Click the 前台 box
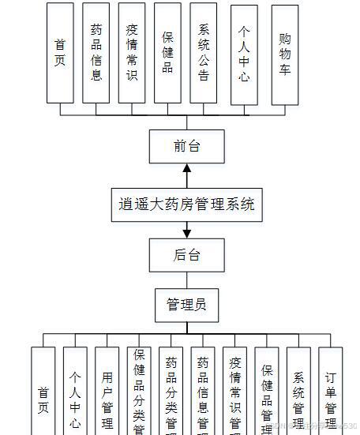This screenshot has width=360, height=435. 187,145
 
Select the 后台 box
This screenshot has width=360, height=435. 187,254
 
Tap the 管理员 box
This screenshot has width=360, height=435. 187,304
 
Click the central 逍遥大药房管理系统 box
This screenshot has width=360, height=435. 187,204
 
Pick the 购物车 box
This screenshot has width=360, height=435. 284,54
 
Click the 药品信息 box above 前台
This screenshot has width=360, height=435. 96,54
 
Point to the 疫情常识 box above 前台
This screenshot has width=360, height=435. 132,54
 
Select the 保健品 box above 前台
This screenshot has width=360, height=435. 168,54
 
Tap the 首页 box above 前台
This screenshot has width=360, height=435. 60,54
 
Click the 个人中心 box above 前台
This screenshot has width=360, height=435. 245,54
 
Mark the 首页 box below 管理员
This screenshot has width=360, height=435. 43,391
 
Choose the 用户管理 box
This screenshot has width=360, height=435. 107,391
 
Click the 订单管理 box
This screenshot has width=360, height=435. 331,391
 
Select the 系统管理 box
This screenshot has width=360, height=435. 298,391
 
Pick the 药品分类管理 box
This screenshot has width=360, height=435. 171,391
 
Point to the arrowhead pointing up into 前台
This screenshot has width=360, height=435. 187,167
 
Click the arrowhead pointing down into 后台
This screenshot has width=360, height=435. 187,233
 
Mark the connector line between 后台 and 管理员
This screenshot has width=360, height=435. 187,279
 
